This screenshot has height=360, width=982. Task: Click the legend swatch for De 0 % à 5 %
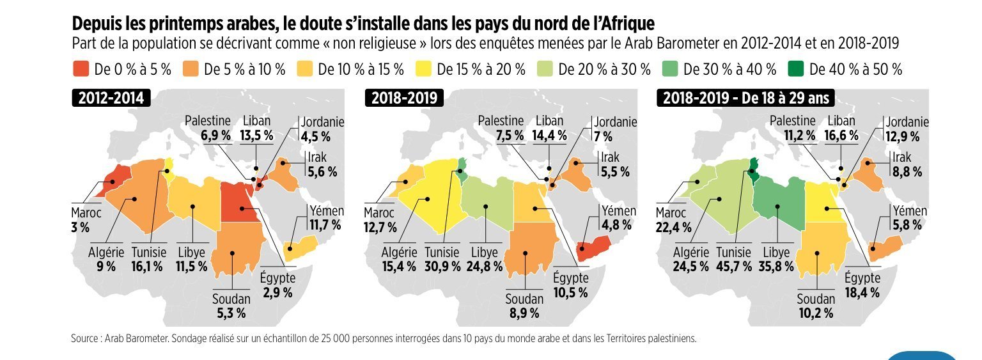coord(81,70)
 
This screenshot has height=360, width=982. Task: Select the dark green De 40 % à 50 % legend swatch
coord(797,70)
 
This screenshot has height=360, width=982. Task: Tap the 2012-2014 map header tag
coord(111,98)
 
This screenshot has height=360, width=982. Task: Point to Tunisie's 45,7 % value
coord(734,266)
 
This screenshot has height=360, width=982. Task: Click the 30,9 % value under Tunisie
coord(442,266)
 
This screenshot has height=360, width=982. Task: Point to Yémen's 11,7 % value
coord(326,224)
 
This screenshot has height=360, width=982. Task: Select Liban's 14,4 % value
coord(549,135)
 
